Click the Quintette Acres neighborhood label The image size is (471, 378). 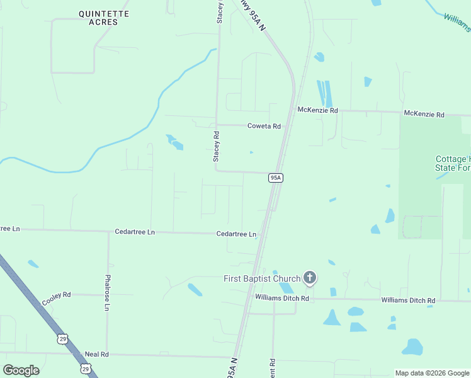(104, 18)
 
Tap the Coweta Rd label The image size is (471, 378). (264, 126)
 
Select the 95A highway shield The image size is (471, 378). (275, 178)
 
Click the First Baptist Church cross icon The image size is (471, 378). (309, 277)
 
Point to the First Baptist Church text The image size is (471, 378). (262, 278)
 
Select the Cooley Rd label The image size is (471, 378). (57, 298)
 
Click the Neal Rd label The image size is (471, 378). (97, 355)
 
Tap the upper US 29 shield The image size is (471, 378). (62, 339)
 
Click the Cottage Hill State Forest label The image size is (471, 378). (452, 164)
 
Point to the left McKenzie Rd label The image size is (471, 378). (317, 110)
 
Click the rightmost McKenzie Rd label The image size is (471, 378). (424, 115)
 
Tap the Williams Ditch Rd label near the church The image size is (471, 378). (281, 297)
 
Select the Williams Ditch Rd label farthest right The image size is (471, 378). (408, 301)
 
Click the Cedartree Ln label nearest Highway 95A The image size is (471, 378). (236, 234)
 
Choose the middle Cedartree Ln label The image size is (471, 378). (135, 232)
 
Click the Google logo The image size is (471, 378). (21, 370)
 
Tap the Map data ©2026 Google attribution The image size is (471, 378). (432, 373)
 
